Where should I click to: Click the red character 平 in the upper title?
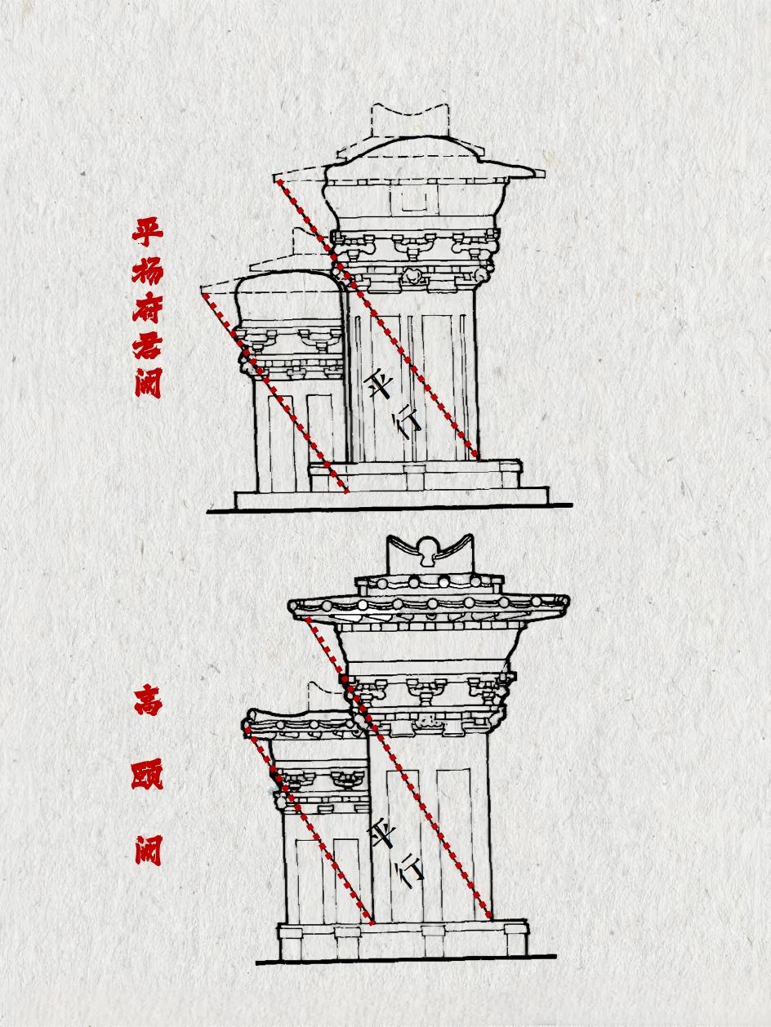click(x=149, y=229)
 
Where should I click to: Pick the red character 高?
click(x=148, y=701)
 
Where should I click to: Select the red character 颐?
click(x=148, y=774)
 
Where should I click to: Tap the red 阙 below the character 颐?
click(x=148, y=849)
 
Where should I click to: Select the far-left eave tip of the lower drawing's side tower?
click(x=246, y=726)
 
